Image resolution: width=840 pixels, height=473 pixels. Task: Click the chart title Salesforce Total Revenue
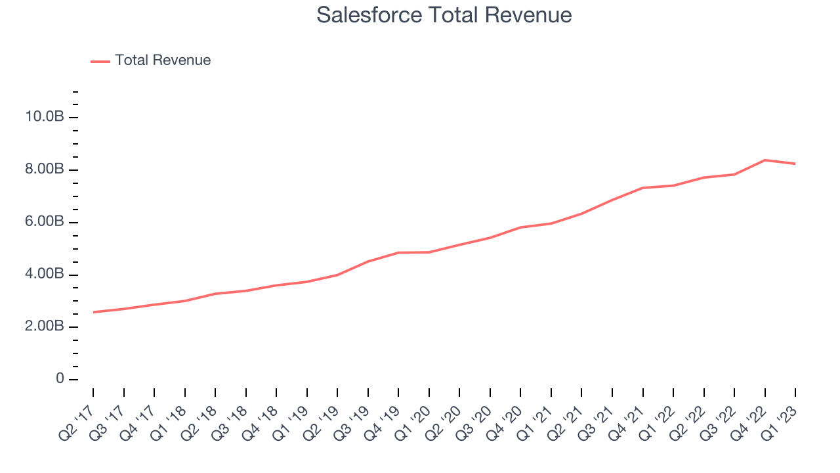point(444,15)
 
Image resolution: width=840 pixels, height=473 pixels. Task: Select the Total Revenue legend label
point(163,60)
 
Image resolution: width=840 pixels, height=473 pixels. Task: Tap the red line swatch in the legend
point(100,61)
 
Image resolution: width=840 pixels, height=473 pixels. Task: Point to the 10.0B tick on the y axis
point(45,117)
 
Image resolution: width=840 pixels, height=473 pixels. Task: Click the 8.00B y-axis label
point(45,169)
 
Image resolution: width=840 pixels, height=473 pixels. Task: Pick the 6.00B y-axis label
point(45,222)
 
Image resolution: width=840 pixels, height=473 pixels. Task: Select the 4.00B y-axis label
point(45,274)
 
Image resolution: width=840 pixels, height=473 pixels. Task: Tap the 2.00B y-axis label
point(45,327)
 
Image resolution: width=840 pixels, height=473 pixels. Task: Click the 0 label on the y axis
point(60,379)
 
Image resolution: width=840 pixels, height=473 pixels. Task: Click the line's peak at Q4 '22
point(765,160)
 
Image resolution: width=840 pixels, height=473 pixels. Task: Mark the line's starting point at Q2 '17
point(93,312)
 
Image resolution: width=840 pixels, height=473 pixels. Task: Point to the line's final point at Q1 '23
point(795,164)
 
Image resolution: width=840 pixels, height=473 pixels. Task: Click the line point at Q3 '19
point(368,261)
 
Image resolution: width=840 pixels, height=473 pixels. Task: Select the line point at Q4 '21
point(643,188)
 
